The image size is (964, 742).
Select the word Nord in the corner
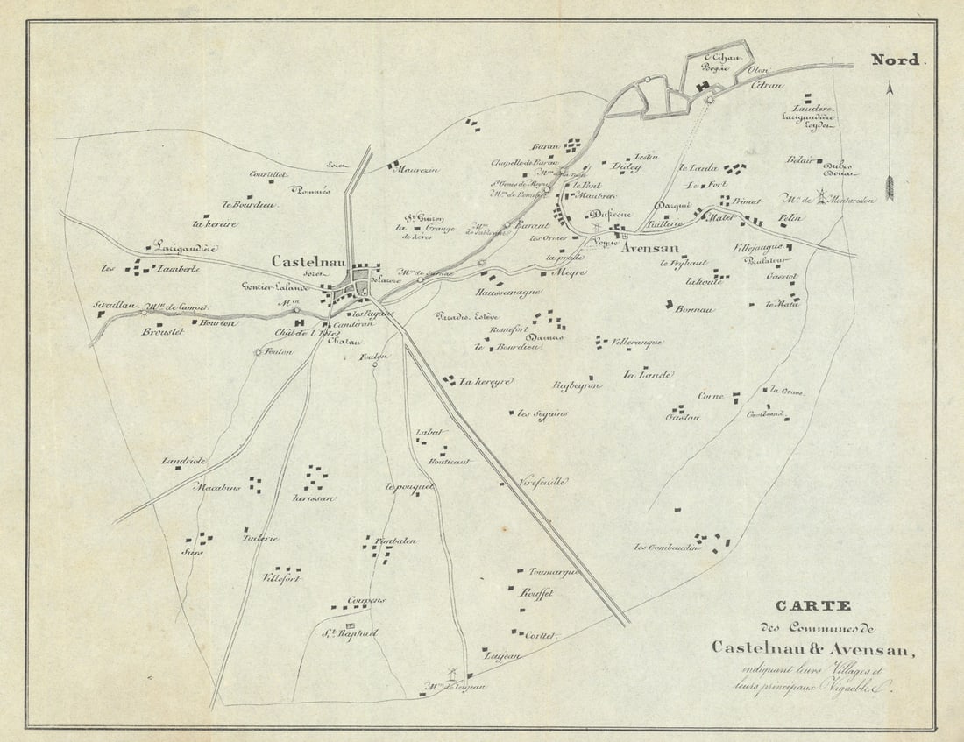(895, 60)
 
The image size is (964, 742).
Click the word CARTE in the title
(812, 606)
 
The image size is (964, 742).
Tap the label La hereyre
(486, 382)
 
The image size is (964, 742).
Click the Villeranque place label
(636, 342)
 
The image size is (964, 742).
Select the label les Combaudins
(668, 548)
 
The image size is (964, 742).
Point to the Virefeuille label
(543, 482)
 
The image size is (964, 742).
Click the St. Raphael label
(348, 633)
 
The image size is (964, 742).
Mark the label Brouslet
(161, 332)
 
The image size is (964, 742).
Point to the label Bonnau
(696, 309)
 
